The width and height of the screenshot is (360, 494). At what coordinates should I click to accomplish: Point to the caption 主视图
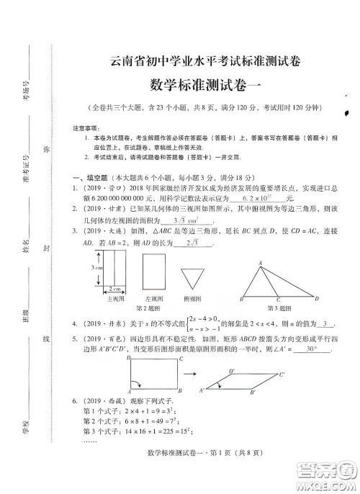(115, 297)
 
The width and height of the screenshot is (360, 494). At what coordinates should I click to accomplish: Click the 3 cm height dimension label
(96, 267)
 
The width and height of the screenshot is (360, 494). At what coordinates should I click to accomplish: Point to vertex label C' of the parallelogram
(282, 374)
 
